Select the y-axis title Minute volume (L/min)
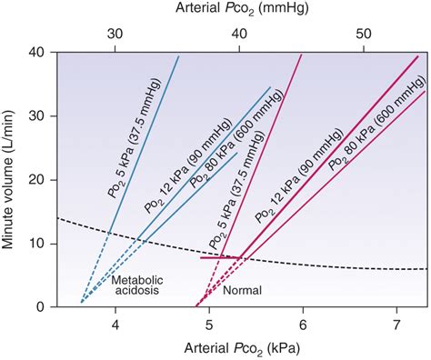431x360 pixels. (x=11, y=178)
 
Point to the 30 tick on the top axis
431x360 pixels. (x=115, y=33)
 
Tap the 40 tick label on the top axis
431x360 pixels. (x=239, y=33)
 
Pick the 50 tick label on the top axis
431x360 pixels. (x=362, y=33)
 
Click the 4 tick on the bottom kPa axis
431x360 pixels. (x=115, y=325)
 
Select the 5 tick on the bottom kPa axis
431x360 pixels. (x=209, y=325)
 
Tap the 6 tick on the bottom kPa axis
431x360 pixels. (x=303, y=325)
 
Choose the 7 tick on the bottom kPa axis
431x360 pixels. (x=396, y=325)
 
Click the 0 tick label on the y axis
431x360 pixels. (x=42, y=307)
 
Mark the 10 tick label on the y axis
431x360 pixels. (x=38, y=244)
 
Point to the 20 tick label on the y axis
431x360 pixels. (x=38, y=180)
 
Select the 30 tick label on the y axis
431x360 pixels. (x=38, y=116)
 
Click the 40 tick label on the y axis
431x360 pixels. (x=38, y=52)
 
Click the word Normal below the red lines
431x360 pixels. (x=241, y=291)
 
